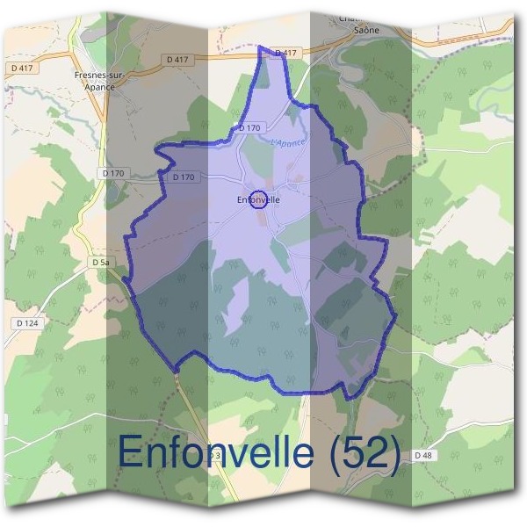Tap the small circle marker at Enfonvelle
258,199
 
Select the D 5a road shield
100,262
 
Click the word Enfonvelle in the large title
215,451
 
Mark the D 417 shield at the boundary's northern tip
285,54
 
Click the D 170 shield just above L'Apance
249,128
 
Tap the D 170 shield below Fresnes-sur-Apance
113,173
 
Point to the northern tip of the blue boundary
261,47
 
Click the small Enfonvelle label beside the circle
258,200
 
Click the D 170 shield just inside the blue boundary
184,177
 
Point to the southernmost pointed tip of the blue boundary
350,398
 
